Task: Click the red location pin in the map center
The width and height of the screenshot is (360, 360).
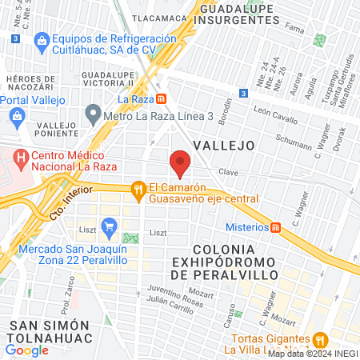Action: coord(180,165)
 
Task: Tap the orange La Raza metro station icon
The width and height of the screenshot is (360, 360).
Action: coord(161,99)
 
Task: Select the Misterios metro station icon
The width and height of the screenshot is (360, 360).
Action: coord(276,227)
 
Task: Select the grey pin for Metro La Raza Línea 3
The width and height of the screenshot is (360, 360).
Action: coord(94,116)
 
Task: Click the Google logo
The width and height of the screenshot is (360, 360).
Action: coord(26,350)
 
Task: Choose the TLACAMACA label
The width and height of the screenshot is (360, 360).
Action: coord(160,17)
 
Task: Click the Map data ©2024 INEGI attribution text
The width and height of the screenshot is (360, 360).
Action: coord(312,354)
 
